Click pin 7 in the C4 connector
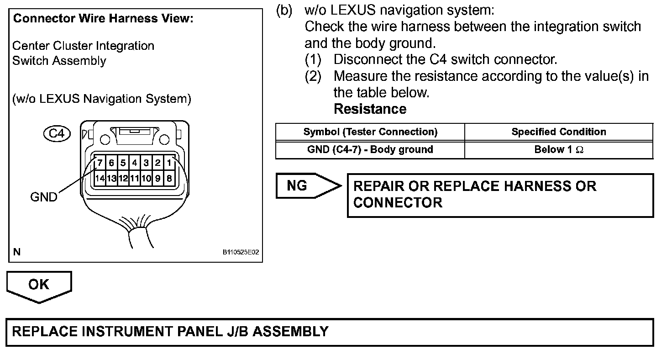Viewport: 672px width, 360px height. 99,163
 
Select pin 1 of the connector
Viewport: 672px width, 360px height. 169,163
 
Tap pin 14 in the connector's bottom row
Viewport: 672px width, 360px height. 99,179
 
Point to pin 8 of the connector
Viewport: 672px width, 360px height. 169,179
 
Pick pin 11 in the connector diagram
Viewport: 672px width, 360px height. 134,179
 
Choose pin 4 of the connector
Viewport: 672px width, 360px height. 134,163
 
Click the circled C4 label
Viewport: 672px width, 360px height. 57,134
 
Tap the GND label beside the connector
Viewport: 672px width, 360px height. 44,197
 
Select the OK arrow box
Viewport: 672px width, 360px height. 39,285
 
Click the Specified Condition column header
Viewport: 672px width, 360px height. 559,132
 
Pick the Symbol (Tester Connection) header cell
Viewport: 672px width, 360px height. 370,132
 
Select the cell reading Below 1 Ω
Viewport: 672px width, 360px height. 559,149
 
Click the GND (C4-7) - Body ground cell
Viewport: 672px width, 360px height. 370,149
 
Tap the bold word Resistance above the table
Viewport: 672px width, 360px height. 370,109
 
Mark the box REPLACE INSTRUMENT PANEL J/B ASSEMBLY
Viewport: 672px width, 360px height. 330,332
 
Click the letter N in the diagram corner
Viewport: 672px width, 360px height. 17,252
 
